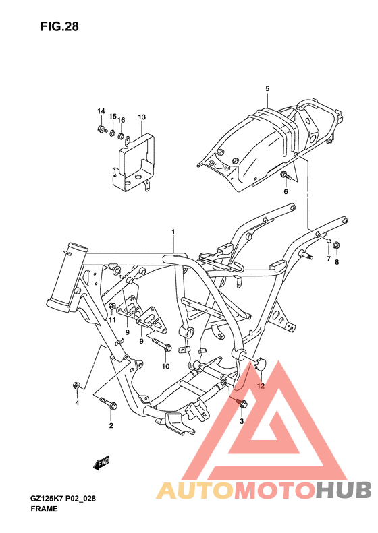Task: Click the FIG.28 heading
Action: pos(59,27)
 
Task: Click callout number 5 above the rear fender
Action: pos(267,89)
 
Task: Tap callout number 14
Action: pos(101,111)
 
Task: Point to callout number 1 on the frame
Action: pos(173,232)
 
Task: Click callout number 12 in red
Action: pos(260,386)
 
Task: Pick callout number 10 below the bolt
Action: pos(165,366)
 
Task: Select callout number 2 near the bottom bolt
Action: pos(111,425)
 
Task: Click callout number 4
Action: pos(77,403)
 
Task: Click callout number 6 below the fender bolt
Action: pos(285,192)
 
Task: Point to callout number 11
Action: pos(113,320)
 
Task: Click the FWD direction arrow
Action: pos(102,463)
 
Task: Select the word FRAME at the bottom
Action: pos(44,509)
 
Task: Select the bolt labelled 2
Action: pos(109,405)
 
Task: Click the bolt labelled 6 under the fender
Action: pos(286,177)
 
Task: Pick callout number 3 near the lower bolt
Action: pos(241,420)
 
